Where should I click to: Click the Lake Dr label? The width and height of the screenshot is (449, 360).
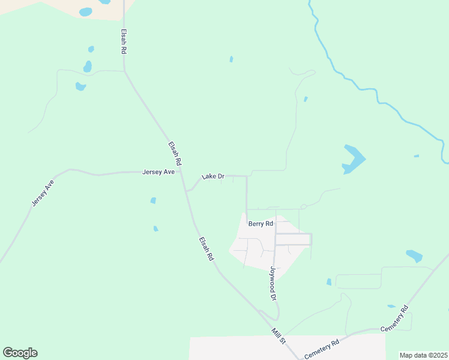213,176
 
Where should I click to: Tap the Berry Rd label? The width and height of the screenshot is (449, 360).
261,224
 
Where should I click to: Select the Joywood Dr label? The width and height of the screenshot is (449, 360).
273,284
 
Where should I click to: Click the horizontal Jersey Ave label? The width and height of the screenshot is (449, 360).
158,172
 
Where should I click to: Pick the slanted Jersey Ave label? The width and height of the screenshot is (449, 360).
43,194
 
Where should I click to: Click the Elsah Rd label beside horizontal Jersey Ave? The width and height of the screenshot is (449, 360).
175,154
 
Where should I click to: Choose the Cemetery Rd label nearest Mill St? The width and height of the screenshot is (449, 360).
322,349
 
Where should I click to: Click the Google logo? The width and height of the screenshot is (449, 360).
20,353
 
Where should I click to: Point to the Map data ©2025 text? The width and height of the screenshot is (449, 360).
423,355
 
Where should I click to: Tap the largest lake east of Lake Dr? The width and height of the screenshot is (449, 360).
352,159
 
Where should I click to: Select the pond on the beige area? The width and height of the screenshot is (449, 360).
86,12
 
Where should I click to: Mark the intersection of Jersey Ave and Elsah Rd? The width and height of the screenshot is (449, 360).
181,172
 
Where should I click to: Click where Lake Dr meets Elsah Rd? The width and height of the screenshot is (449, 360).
187,191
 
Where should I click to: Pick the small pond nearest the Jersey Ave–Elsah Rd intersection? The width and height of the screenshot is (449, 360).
154,200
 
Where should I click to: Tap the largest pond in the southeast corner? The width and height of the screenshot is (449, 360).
414,256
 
